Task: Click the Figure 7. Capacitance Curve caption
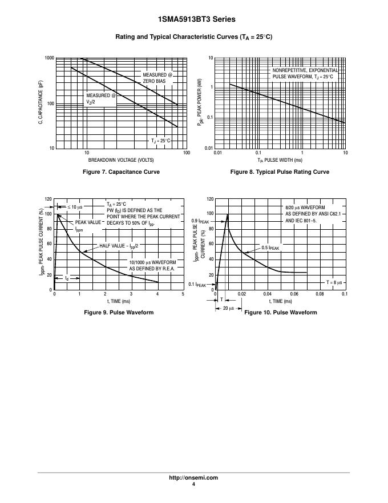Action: [x=121, y=172]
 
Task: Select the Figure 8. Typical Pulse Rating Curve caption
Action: [x=280, y=172]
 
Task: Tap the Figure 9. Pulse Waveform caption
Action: [x=119, y=313]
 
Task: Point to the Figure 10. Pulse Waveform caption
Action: [x=280, y=313]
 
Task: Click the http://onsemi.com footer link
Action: [x=194, y=478]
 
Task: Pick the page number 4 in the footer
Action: [x=194, y=485]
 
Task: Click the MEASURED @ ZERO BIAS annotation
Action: [x=157, y=78]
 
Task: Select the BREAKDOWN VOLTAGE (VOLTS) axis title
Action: [x=121, y=159]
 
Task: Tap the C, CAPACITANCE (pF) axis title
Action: [x=41, y=103]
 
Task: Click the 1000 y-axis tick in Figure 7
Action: [x=49, y=58]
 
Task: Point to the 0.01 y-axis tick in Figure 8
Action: [x=209, y=148]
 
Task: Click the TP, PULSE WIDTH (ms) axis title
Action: [x=280, y=161]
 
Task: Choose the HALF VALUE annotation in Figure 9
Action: [x=119, y=246]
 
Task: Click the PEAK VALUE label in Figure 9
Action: [x=88, y=222]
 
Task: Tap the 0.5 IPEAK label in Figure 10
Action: [x=271, y=248]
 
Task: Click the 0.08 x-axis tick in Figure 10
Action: [x=319, y=294]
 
